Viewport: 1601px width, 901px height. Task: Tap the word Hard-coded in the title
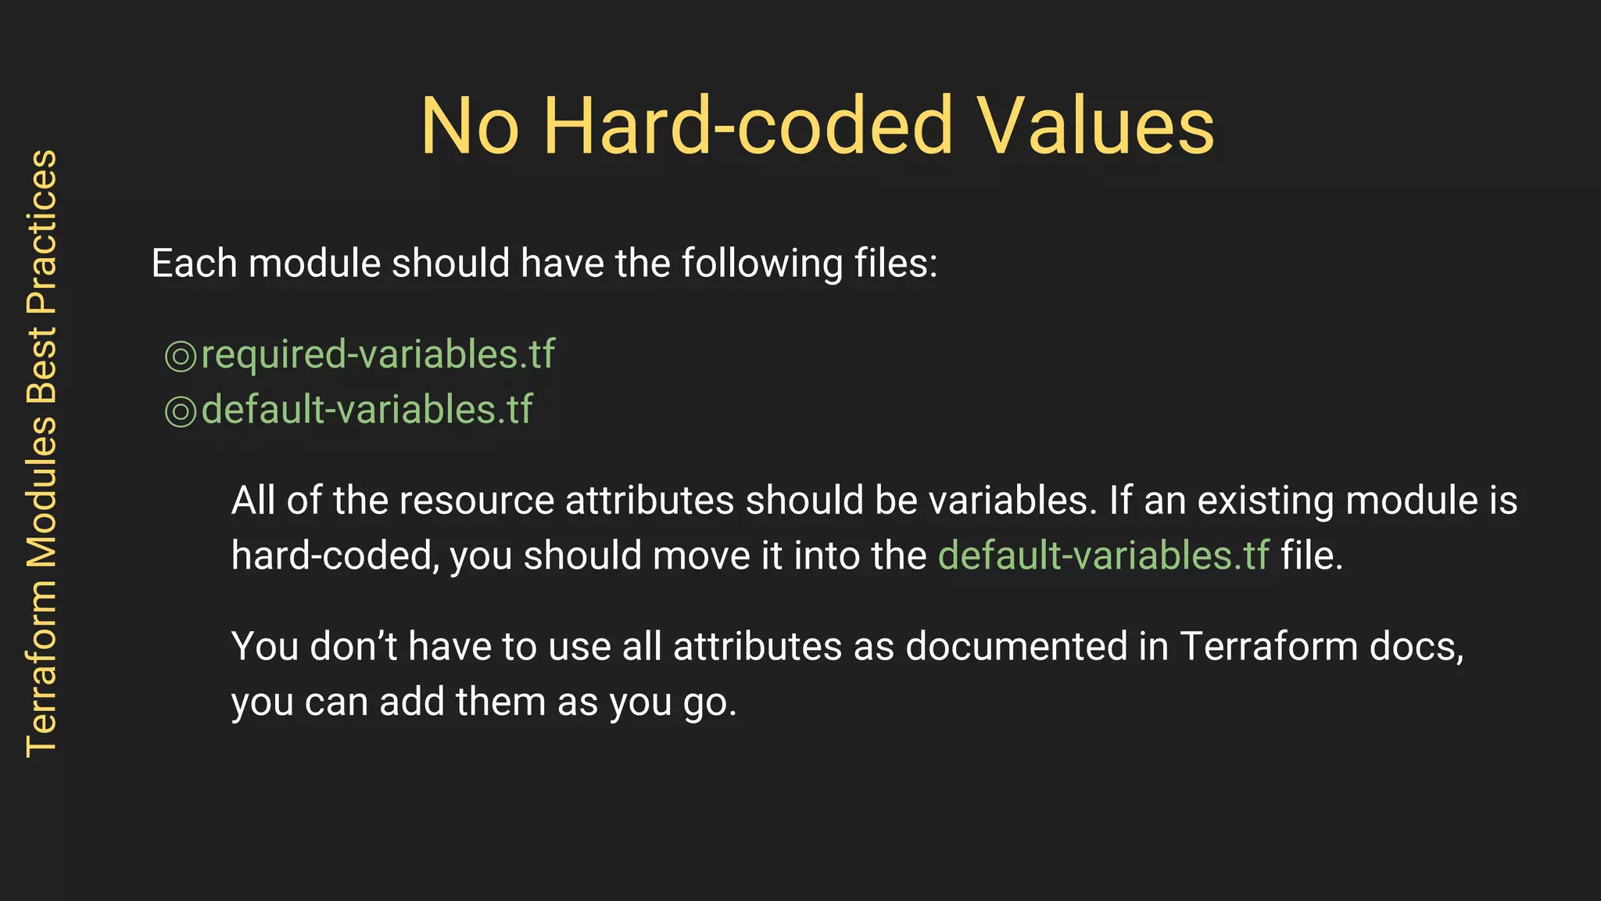coord(748,126)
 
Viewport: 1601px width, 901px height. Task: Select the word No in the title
coord(469,126)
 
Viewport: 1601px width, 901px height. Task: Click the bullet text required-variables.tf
coord(378,354)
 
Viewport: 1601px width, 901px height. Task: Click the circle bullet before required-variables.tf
coord(181,357)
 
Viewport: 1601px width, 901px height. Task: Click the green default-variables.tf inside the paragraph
coord(1103,555)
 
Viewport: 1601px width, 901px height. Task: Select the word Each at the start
coord(194,263)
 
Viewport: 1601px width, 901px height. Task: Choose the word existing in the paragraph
coord(1266,501)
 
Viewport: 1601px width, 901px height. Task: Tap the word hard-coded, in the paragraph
coord(335,555)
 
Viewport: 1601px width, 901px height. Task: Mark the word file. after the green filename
coord(1311,555)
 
